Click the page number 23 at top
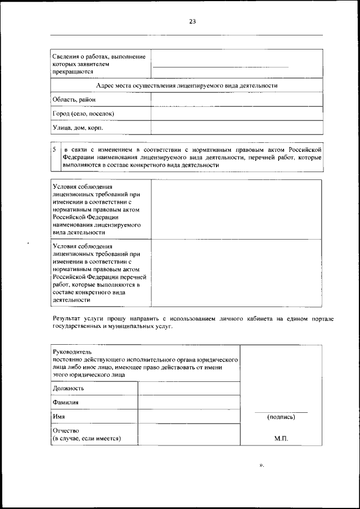click(192, 21)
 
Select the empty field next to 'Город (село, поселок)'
click(237, 114)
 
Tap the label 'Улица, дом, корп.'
click(78, 128)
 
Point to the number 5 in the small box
click(54, 150)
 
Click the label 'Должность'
click(69, 388)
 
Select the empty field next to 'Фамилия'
click(188, 403)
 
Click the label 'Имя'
click(58, 417)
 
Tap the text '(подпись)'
click(281, 417)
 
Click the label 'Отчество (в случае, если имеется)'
click(87, 434)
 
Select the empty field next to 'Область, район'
click(237, 100)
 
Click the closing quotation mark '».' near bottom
click(261, 466)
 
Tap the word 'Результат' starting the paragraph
click(66, 319)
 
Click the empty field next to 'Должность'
click(188, 388)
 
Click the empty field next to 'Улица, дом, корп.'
click(237, 128)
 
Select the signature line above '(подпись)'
click(281, 411)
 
